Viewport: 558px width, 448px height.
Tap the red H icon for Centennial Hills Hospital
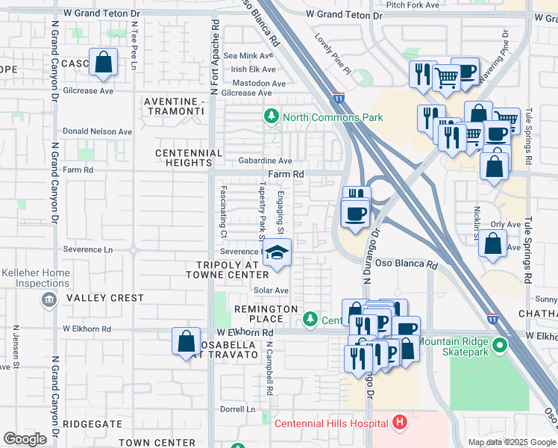tap(400, 423)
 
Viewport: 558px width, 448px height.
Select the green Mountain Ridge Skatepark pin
tap(499, 347)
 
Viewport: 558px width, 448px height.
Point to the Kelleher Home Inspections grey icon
tap(49, 299)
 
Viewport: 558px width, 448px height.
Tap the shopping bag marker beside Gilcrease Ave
tap(104, 63)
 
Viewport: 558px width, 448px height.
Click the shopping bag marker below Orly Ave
tap(493, 244)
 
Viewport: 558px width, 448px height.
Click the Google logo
tap(25, 438)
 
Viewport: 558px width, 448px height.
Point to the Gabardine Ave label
tap(265, 161)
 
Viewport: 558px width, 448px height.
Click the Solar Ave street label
tap(272, 290)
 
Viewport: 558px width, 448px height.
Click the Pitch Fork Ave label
tap(413, 4)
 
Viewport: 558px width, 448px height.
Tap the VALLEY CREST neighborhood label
tap(105, 298)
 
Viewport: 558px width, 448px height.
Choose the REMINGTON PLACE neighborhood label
tap(266, 308)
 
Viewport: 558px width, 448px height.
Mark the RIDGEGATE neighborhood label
tap(92, 423)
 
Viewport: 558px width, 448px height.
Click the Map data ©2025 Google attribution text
tap(511, 441)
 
